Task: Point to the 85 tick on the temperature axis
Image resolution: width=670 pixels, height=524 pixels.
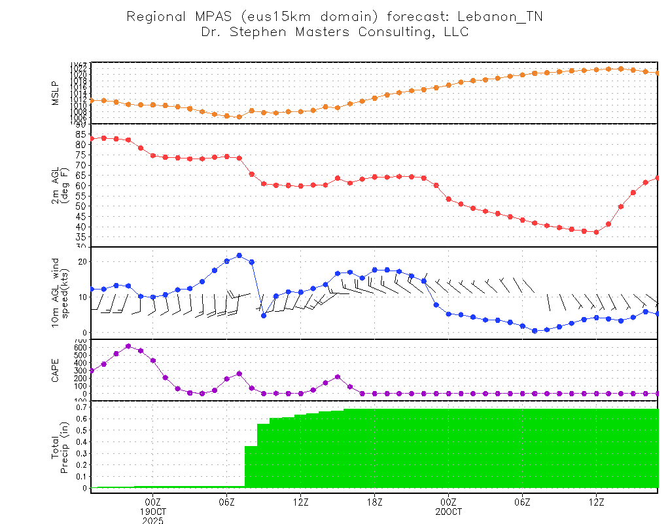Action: (x=80, y=134)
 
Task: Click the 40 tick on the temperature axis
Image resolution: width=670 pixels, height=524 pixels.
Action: (x=80, y=227)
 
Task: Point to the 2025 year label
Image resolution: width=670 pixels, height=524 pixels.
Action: (x=153, y=521)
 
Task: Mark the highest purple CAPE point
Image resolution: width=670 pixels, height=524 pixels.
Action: (x=128, y=346)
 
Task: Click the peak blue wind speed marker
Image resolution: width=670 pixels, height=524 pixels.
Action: (x=239, y=255)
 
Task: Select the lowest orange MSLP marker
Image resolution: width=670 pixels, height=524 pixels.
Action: (x=239, y=117)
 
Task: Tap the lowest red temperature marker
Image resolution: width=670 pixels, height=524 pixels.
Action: (x=596, y=232)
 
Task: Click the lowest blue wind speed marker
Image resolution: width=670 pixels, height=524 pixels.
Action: (x=535, y=331)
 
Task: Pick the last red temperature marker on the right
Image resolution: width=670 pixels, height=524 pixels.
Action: (x=658, y=178)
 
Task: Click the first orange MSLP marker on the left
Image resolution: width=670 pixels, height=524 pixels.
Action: (x=92, y=100)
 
